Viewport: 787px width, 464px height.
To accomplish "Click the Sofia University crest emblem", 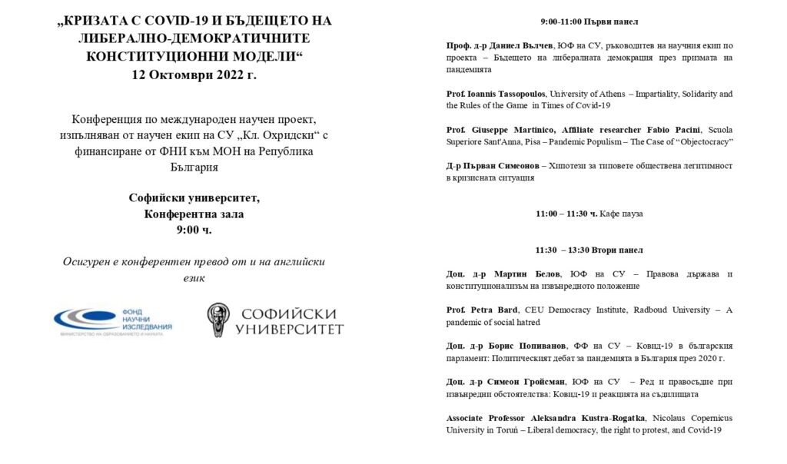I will click(219, 320).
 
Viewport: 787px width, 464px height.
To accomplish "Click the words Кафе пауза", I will click(622, 214).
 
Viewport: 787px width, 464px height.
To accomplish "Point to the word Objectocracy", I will click(699, 142).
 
